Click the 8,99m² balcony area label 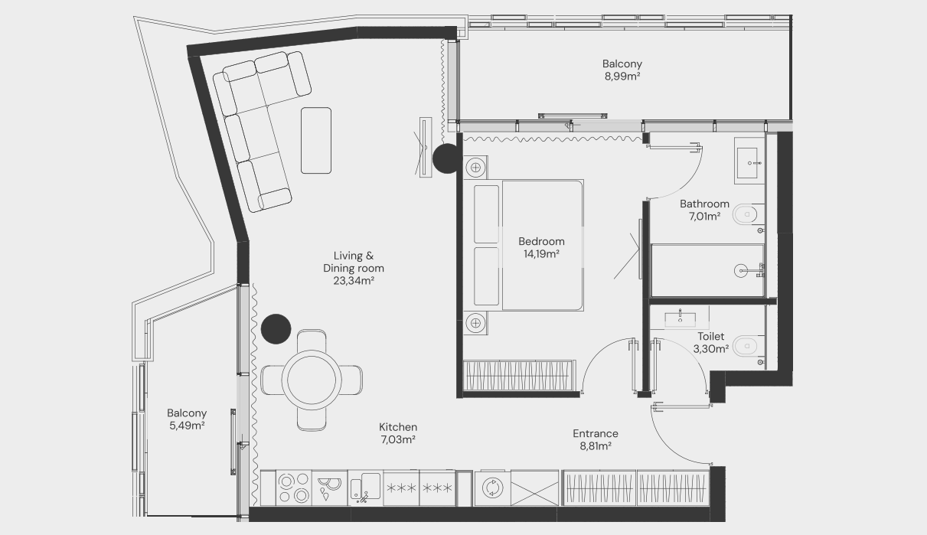click(x=622, y=77)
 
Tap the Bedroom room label click(x=541, y=241)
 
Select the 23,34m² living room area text click(x=354, y=281)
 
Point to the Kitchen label click(x=398, y=427)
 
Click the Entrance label click(x=596, y=434)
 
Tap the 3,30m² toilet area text click(x=711, y=349)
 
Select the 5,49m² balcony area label click(x=187, y=426)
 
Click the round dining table click(x=312, y=380)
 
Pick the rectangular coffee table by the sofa click(x=316, y=141)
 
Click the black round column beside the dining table click(x=276, y=329)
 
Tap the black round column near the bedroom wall click(x=447, y=158)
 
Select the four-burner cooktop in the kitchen click(x=293, y=488)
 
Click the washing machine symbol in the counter click(x=492, y=488)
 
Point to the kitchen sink click(x=365, y=488)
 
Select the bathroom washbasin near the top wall click(x=749, y=161)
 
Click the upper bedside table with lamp click(x=475, y=168)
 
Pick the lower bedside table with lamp click(x=475, y=323)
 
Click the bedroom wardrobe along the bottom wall click(x=519, y=375)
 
